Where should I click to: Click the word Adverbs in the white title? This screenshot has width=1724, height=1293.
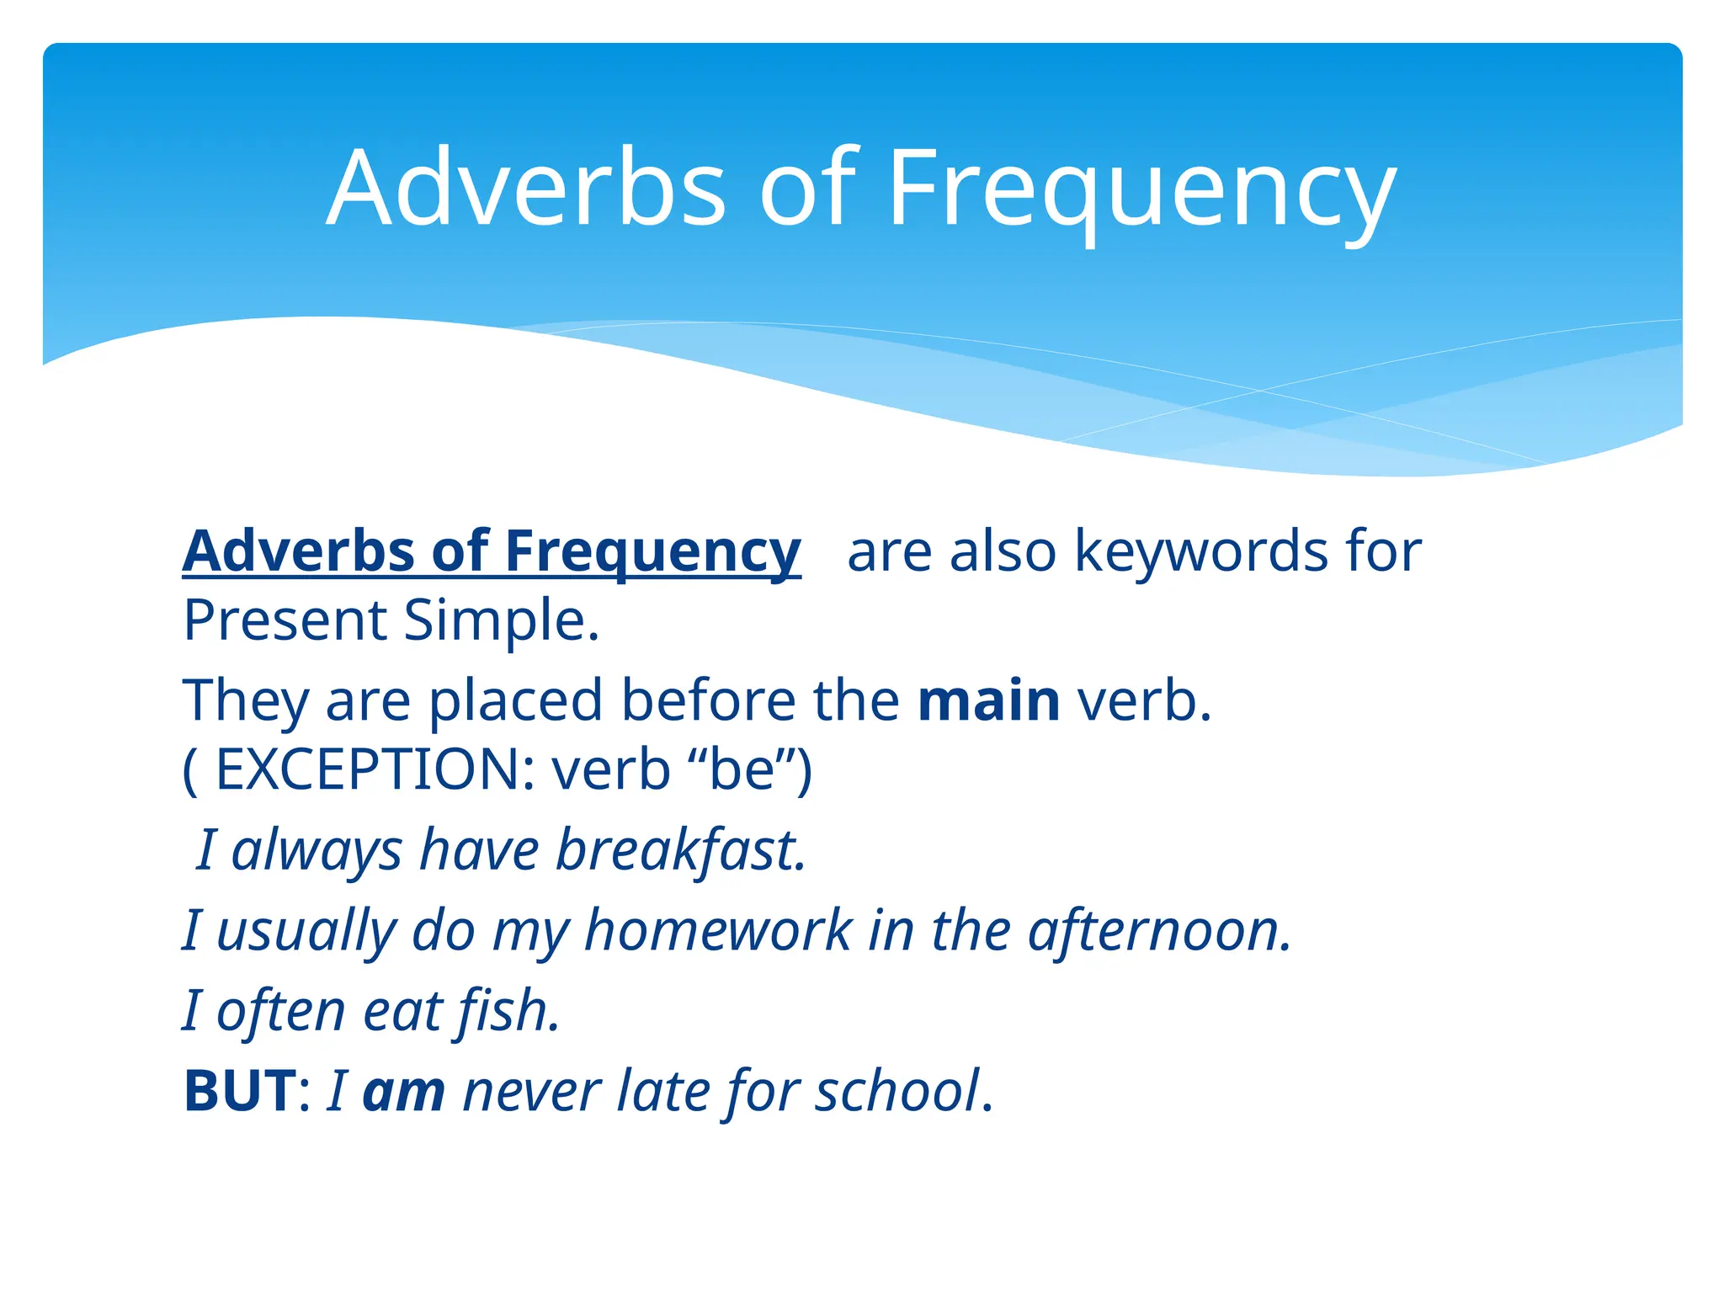tap(526, 189)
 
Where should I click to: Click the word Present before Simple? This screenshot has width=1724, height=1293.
tap(285, 620)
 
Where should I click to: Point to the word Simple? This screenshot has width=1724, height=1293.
tap(501, 620)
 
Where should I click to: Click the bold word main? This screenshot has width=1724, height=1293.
tap(988, 700)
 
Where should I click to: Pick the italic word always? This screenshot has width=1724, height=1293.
tap(317, 849)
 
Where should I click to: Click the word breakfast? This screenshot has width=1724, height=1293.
tap(680, 849)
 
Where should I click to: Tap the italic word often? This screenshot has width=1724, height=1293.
tap(280, 1010)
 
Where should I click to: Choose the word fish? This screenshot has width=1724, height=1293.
tap(508, 1010)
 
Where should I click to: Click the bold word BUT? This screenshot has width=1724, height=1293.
tap(240, 1091)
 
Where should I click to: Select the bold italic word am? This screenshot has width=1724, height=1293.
tap(403, 1091)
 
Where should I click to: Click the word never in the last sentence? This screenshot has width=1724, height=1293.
tap(531, 1091)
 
